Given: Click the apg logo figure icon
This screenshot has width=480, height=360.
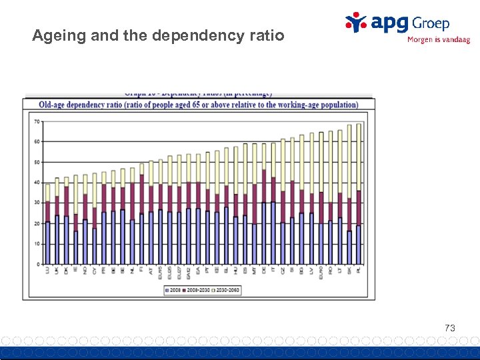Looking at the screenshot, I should (x=355, y=21).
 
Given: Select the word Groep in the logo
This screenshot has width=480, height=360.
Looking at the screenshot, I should (x=430, y=23).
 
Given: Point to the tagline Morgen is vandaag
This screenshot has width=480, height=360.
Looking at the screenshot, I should (x=438, y=40).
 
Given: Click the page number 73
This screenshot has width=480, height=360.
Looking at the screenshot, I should (x=450, y=328).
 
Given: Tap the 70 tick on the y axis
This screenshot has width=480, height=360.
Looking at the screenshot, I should (x=37, y=121).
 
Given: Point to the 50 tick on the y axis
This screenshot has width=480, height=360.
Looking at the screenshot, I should (x=37, y=162).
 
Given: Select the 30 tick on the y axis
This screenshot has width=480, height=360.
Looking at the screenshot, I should (x=37, y=203).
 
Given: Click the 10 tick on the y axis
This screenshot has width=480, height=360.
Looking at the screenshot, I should (x=37, y=244).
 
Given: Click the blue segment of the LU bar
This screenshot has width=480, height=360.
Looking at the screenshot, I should (x=47, y=243).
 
